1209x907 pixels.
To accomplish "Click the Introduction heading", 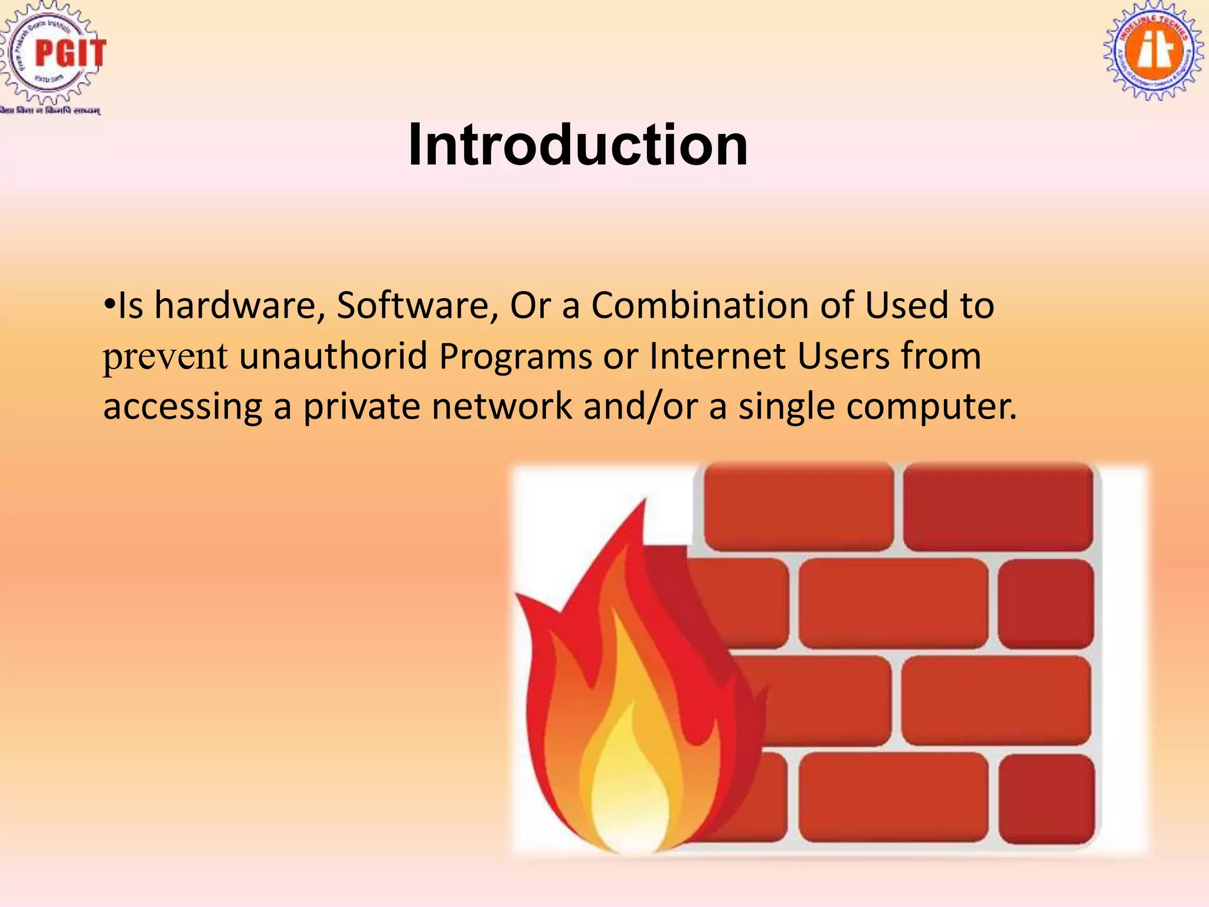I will click(x=577, y=145).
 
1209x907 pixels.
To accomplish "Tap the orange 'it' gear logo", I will click(x=1153, y=52).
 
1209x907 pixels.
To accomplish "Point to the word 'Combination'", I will click(x=700, y=306).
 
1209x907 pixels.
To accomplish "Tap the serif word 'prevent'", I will click(x=165, y=357).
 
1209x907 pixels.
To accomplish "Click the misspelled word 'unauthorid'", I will click(x=333, y=357).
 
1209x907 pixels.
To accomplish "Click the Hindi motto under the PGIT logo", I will click(x=51, y=110).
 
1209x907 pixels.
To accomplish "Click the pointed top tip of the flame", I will click(x=644, y=502).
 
